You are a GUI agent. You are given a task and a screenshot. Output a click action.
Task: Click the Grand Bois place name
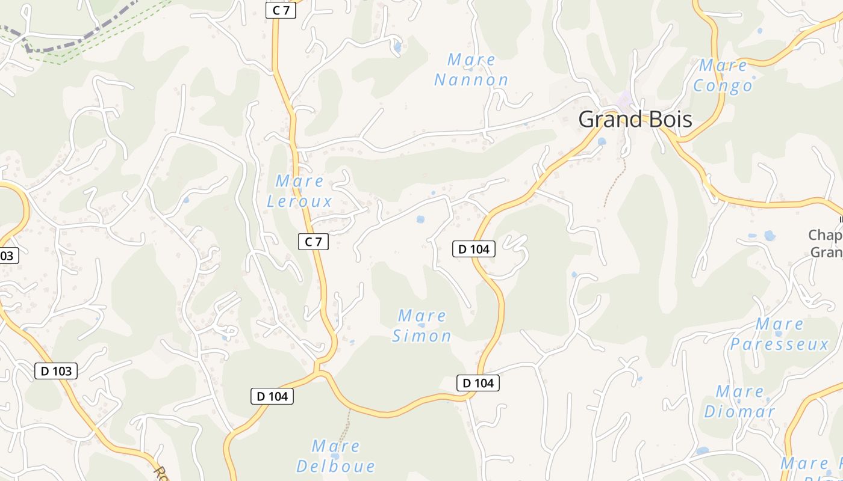[635, 120]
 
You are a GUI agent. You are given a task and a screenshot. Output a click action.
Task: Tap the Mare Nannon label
[471, 70]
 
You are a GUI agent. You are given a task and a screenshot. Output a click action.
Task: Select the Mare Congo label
[723, 75]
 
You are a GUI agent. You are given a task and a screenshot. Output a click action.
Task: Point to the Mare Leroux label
[300, 191]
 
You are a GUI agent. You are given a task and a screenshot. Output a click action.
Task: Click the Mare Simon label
[421, 326]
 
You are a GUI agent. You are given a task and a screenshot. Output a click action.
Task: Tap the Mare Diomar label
[739, 402]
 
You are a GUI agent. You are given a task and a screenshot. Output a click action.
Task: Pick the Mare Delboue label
[336, 456]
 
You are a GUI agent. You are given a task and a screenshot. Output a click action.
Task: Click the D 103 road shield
[56, 371]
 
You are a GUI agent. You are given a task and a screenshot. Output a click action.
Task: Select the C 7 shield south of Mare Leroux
[313, 242]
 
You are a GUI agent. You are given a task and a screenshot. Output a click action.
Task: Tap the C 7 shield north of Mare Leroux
[281, 10]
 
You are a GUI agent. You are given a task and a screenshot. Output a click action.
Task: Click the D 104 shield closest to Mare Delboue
[272, 396]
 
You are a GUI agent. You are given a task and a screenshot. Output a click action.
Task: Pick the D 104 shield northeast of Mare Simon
[474, 248]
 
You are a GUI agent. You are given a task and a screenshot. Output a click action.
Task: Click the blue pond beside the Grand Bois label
[602, 141]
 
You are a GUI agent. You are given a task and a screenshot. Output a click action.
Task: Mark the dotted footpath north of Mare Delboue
[345, 430]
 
